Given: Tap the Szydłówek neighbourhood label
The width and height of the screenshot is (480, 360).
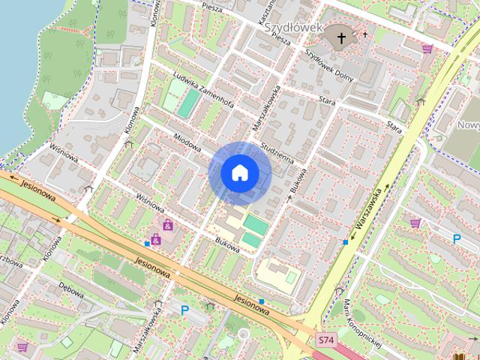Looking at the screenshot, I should point(292,27).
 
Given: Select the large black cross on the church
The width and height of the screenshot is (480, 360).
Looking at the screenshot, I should point(341,36).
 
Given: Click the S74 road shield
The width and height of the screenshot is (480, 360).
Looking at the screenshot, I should point(325,340).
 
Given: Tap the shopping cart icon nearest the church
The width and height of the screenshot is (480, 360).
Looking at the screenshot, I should point(427,49).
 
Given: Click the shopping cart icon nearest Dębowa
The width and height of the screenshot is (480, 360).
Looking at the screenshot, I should point(22,346).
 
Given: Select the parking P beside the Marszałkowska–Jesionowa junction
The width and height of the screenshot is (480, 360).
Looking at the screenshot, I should point(184,308).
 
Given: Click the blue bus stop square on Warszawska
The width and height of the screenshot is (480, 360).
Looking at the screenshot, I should point(345,242).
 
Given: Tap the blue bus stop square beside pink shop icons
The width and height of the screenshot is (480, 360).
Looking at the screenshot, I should point(147,244).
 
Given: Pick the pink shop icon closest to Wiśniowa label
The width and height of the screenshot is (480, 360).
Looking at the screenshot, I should point(168,224).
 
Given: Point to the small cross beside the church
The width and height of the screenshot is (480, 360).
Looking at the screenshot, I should point(365,34).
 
